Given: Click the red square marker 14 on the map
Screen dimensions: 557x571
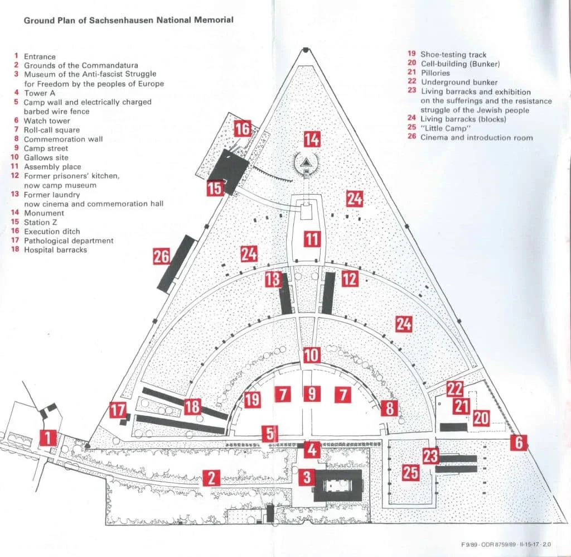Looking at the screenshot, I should pos(312,139).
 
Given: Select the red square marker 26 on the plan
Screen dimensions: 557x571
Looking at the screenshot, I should pos(161,257).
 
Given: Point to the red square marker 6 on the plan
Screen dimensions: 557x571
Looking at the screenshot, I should pos(519,443).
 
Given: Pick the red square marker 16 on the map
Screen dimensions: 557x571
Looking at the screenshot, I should pos(243,128).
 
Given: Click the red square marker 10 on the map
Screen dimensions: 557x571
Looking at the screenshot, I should pos(311,355).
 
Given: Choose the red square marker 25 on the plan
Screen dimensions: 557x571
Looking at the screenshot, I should pos(410,473).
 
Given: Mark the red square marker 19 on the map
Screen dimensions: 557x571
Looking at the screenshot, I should pos(252,398).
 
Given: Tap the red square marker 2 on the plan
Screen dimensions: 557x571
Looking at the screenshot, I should pos(211,478).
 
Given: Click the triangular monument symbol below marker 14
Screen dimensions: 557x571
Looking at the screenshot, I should pos(306,164).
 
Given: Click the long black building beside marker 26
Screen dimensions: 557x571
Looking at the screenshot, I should pos(177,263).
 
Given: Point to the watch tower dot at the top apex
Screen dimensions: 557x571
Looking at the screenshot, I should pos(306,51).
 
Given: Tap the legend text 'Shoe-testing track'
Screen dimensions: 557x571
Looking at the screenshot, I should pos(453,55).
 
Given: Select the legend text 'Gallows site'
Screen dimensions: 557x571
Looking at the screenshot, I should pos(46,157).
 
